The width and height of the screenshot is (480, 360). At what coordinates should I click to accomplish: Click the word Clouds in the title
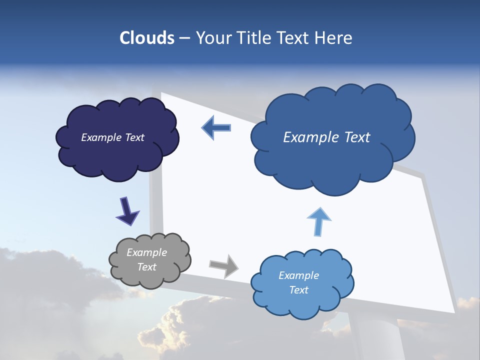tap(146, 38)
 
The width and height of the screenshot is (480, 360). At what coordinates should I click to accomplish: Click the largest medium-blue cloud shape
tap(332, 165)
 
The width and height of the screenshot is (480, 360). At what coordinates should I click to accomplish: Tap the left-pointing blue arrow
tap(216, 128)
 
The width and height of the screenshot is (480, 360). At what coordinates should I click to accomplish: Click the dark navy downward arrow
tap(127, 210)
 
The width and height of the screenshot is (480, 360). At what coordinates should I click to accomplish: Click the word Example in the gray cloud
tap(146, 252)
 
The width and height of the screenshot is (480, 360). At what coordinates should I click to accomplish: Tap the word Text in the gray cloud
tap(146, 267)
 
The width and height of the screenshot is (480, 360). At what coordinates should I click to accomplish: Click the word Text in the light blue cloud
tap(298, 290)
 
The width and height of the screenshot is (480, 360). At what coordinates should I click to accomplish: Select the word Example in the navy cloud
tap(99, 137)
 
